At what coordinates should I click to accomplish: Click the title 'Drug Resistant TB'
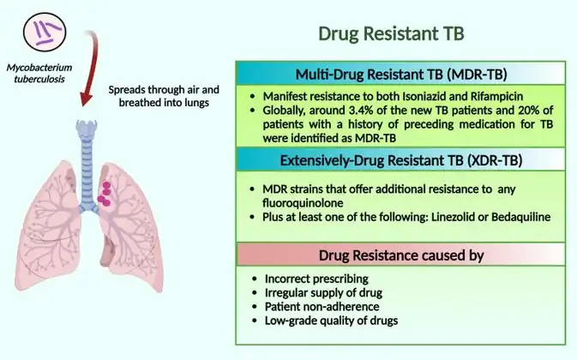392,34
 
